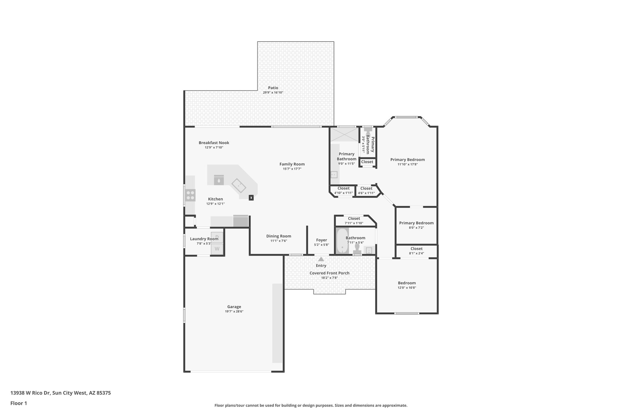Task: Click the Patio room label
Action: click(273, 88)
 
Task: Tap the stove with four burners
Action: click(190, 195)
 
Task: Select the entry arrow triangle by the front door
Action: click(321, 259)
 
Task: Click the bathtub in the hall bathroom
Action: click(342, 241)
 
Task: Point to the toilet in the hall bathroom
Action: click(357, 250)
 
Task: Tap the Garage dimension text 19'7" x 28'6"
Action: click(234, 311)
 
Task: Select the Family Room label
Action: click(292, 164)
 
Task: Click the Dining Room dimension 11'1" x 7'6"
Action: click(279, 241)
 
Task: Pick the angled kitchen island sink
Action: click(239, 186)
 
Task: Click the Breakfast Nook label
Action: click(214, 143)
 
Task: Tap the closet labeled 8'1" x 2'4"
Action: click(416, 251)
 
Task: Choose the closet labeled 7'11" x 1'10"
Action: click(354, 220)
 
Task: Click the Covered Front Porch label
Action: click(329, 273)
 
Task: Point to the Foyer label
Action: click(321, 240)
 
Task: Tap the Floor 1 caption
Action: click(19, 403)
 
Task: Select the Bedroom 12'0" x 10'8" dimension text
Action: click(407, 288)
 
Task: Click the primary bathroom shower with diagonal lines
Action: click(344, 134)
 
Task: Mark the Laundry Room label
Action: click(204, 239)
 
